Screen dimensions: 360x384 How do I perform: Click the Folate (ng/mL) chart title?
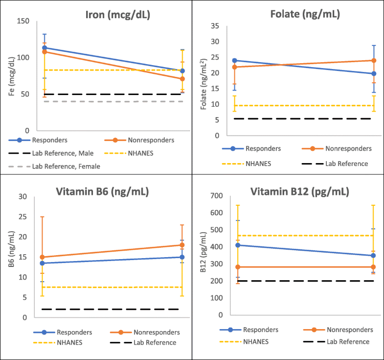coord(305,14)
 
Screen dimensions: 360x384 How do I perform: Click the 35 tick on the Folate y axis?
coord(213,26)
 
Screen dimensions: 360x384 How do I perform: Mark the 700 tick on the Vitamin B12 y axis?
coord(212,196)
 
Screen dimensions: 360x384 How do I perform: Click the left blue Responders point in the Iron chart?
coord(45,48)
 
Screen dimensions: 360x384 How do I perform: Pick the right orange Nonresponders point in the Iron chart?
coord(182,79)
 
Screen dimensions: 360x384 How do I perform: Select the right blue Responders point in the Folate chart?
coord(374,73)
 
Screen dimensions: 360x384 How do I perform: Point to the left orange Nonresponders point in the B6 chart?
coord(43,257)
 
